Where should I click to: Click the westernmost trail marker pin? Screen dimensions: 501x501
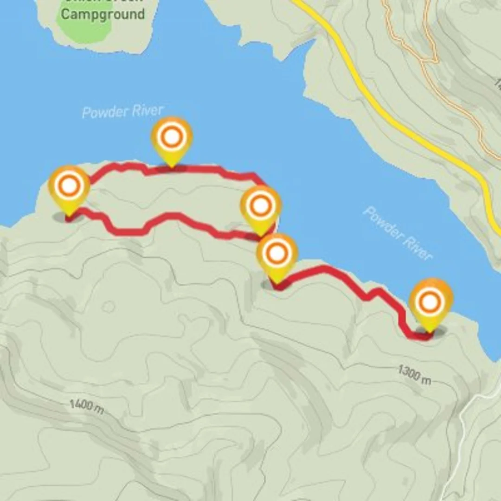[x=69, y=190]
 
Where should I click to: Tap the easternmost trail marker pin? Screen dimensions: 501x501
[x=430, y=304]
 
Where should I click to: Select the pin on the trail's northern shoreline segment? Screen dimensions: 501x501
[x=172, y=139]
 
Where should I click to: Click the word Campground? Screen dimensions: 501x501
[x=103, y=14]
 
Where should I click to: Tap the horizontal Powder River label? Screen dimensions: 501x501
[x=122, y=111]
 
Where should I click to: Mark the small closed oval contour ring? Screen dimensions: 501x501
[x=109, y=306]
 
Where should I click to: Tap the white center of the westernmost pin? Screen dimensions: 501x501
[x=69, y=186]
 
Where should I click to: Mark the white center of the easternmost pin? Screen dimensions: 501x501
[x=430, y=302]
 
